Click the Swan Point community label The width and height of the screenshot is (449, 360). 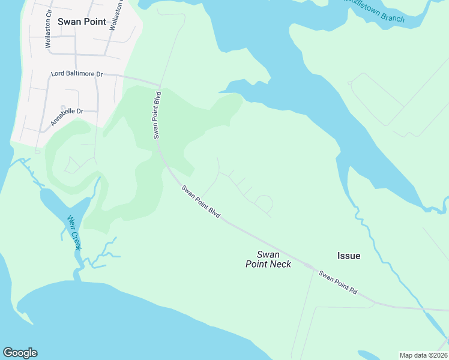pyautogui.click(x=82, y=22)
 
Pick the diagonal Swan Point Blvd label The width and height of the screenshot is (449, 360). pyautogui.click(x=201, y=202)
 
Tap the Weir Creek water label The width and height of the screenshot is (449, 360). pyautogui.click(x=74, y=233)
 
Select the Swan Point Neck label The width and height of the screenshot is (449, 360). pyautogui.click(x=268, y=259)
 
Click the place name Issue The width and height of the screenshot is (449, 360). pyautogui.click(x=349, y=256)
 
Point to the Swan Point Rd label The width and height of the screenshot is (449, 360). pyautogui.click(x=338, y=283)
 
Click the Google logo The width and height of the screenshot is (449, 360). pyautogui.click(x=20, y=353)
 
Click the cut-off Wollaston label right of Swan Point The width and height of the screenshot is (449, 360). pyautogui.click(x=121, y=18)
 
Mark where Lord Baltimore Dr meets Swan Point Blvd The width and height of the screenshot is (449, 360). pyautogui.click(x=160, y=85)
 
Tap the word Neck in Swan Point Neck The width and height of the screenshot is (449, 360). pyautogui.click(x=280, y=264)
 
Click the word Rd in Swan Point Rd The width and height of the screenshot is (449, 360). pyautogui.click(x=354, y=291)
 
